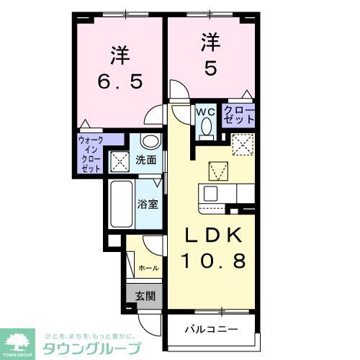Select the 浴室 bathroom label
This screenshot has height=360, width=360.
pos(150,203)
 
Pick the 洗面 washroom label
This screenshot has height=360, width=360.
pos(147,160)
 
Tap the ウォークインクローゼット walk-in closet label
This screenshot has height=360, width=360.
pos(91,153)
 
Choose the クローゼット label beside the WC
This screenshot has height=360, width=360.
pos(238,115)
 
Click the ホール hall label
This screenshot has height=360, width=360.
pos(148,268)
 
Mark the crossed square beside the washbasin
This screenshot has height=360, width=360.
pos(119,160)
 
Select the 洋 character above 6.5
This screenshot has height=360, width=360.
pos(119,55)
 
